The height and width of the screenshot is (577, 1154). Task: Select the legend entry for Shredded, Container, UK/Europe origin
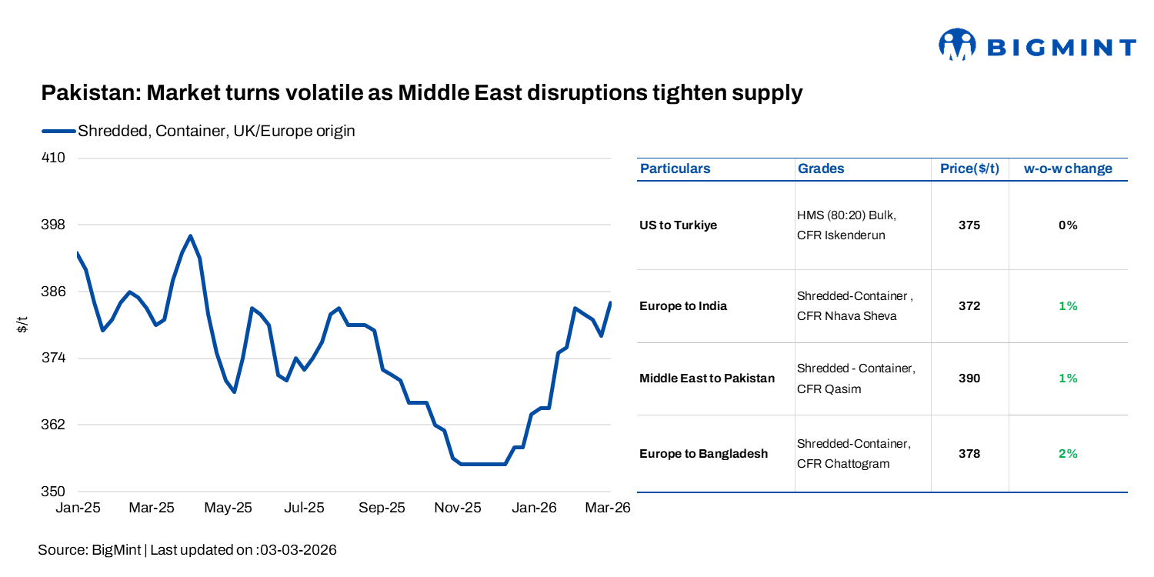(215, 131)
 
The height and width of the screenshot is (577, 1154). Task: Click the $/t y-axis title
(23, 325)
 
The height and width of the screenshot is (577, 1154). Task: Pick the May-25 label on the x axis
(229, 509)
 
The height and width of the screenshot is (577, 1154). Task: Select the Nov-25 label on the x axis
(458, 509)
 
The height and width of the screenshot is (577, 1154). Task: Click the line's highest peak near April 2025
(191, 236)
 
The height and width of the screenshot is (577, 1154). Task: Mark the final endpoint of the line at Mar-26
(610, 303)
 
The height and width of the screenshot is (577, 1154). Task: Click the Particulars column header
(675, 169)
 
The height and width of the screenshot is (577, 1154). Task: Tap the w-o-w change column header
(1068, 169)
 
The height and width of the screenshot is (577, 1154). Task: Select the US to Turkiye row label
(678, 225)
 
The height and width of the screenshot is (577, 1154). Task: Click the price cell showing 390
(969, 379)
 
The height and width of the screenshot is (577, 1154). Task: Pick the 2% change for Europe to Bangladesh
(1068, 454)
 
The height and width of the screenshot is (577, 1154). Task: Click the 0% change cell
(1068, 225)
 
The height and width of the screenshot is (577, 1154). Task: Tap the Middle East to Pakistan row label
(707, 379)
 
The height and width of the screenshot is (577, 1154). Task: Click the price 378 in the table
(969, 454)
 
